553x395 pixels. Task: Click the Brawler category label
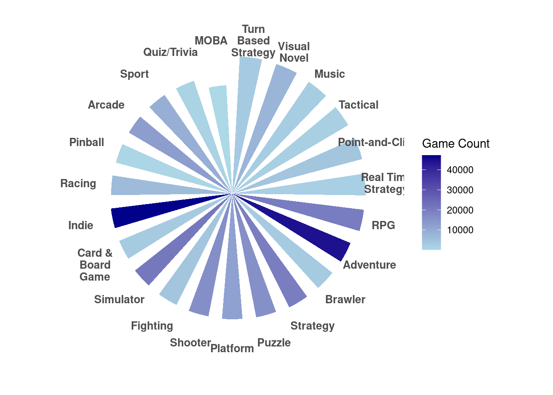345,300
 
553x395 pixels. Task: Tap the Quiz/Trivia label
170,52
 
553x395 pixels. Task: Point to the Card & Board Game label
95,265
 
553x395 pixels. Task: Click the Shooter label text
191,343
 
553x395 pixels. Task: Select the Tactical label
358,105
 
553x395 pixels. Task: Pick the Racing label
78,184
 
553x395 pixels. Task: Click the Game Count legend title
455,144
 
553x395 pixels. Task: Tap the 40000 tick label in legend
460,170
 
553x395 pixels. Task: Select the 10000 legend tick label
460,230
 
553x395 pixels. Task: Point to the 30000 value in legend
460,190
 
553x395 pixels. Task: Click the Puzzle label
274,343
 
